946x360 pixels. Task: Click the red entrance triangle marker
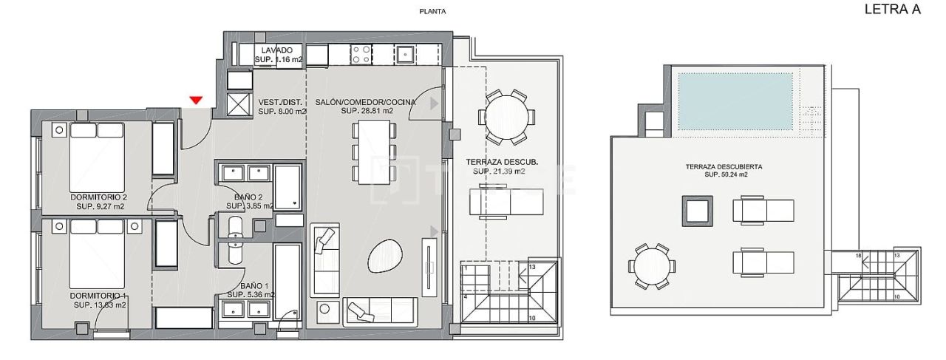pos(196,101)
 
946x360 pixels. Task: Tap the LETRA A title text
pos(897,10)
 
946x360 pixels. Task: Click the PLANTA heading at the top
pos(432,11)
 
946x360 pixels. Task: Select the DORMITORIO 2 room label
pos(99,197)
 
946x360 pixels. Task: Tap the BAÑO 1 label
pos(253,285)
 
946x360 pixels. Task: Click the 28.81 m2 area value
pos(367,112)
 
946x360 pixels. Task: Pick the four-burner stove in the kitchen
pos(361,54)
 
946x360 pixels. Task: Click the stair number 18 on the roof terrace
pos(858,255)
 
